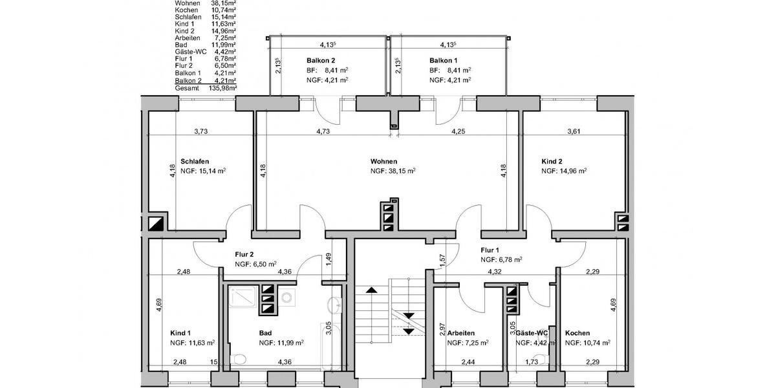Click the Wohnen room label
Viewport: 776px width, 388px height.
tap(384, 162)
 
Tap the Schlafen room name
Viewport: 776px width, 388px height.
tap(195, 162)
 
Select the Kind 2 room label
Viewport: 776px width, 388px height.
tap(552, 162)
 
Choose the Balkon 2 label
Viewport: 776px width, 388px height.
tap(321, 61)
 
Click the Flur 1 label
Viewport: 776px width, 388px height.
tap(490, 250)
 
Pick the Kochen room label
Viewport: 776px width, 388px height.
tap(577, 333)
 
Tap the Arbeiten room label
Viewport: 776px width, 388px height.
tap(461, 333)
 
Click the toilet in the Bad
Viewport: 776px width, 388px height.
tap(238, 360)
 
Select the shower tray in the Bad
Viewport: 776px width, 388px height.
tap(242, 297)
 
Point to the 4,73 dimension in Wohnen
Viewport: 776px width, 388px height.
tap(323, 132)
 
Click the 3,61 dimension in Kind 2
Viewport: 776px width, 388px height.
tap(574, 132)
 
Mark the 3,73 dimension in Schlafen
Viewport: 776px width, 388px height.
tap(201, 132)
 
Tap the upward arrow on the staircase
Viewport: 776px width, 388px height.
tap(371, 290)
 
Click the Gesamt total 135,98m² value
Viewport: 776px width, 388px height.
tap(222, 89)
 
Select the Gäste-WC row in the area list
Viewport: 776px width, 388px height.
tap(206, 52)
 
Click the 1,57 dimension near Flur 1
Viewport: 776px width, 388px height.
tap(442, 261)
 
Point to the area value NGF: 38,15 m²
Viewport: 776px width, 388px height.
tap(393, 171)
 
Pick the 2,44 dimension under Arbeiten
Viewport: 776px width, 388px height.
tap(468, 362)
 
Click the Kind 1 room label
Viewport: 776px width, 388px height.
tap(180, 333)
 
